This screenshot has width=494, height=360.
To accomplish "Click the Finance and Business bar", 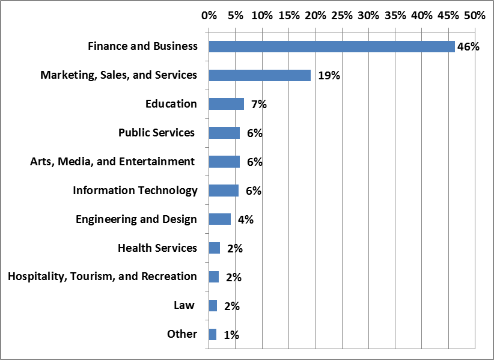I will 331,46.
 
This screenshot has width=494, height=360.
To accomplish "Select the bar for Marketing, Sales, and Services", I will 260,75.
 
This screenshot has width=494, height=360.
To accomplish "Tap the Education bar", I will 226,104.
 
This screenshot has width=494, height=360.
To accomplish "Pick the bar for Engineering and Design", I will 219,219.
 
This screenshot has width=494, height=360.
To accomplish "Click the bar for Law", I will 213,305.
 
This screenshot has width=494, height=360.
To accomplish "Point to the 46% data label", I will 468,46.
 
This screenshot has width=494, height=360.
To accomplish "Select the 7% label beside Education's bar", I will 259,104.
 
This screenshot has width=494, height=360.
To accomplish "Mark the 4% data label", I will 246,219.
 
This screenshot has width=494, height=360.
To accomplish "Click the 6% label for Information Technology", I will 254,191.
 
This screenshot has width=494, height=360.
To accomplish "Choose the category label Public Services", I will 156,132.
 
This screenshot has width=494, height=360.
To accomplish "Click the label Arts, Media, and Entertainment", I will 112,161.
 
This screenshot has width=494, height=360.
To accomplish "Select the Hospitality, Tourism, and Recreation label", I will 102,276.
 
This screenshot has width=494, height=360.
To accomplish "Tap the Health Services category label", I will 157,248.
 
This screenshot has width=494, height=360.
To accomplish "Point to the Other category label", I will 182,334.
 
